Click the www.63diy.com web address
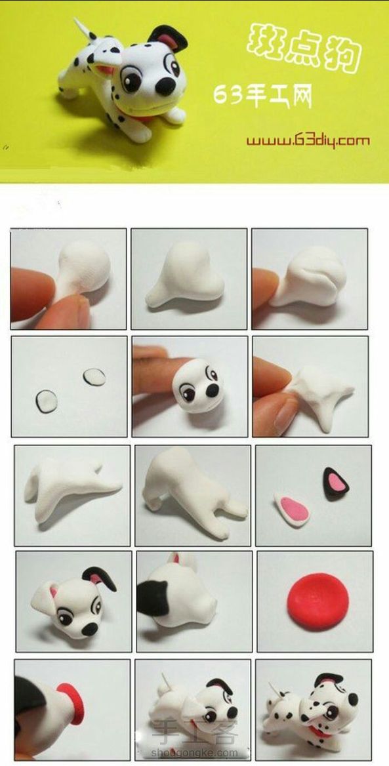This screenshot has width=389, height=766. [x=308, y=141]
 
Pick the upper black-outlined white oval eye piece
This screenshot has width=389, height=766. [x=94, y=376]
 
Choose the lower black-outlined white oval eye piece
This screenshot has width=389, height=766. [x=47, y=401]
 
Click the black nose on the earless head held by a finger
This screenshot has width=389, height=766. [x=213, y=390]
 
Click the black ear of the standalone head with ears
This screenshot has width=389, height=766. [x=100, y=577]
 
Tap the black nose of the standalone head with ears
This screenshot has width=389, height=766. [x=89, y=629]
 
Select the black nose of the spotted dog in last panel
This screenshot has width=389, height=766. [x=352, y=699]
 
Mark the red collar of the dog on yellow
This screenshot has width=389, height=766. [x=143, y=117]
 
